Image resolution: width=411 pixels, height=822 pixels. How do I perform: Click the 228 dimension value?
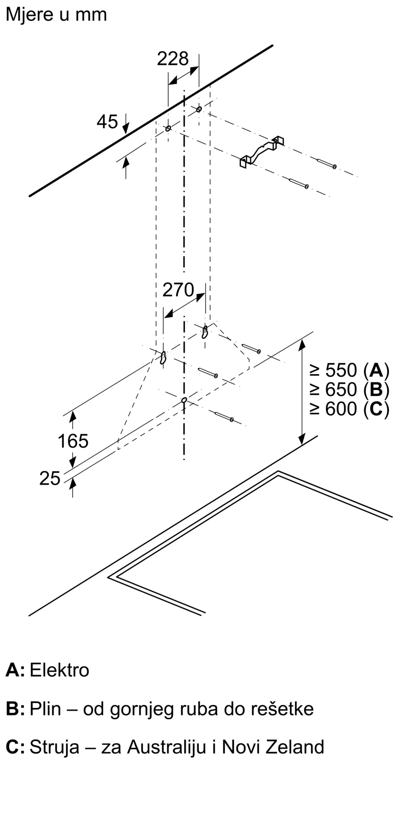pos(173,59)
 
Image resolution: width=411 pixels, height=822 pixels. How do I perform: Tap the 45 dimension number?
pos(107,122)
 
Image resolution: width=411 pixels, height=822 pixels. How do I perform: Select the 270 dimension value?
pos(178,290)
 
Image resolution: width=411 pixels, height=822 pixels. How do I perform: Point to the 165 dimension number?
pos(73,441)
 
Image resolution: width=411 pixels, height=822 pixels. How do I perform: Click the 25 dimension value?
pos(50,478)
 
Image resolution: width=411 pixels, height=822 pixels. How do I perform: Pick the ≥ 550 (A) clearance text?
pos(349,370)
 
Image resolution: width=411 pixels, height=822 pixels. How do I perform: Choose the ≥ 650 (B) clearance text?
pos(349,390)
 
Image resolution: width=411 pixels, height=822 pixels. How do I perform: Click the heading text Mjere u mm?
pos(56,15)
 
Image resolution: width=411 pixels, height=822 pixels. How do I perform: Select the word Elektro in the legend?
pos(60,670)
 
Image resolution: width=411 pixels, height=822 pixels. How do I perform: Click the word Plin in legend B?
pos(45,709)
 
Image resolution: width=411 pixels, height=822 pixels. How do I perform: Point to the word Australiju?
pos(166,747)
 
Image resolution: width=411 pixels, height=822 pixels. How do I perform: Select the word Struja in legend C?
pos(54,747)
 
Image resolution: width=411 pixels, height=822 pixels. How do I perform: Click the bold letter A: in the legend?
pos(15,670)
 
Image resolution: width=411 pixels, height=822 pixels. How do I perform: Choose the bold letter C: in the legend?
pos(15,747)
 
